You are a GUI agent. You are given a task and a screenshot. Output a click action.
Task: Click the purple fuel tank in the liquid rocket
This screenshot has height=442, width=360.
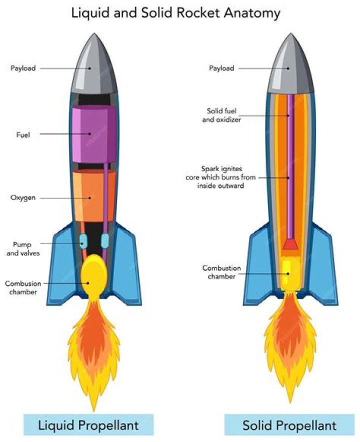[x=94, y=134]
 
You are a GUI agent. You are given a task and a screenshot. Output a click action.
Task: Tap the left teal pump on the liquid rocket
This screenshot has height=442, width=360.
[x=83, y=241]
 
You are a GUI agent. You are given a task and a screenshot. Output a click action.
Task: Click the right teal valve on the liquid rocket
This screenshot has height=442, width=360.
[x=105, y=241]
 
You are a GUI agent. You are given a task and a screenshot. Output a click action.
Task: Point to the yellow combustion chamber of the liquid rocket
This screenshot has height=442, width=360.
[x=93, y=276]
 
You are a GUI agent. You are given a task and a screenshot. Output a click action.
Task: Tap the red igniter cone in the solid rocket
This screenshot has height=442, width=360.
[x=290, y=244]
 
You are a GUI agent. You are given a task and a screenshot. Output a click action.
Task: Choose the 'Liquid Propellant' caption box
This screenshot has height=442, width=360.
[x=88, y=425]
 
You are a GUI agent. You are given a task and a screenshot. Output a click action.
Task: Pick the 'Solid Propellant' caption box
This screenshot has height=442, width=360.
[x=289, y=425]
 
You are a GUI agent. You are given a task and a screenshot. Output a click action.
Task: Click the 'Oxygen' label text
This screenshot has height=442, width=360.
[x=23, y=198]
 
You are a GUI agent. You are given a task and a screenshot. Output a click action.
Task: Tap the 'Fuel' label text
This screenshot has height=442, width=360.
[x=23, y=135]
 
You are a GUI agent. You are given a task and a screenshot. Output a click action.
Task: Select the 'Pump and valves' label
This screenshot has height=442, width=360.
[x=23, y=249]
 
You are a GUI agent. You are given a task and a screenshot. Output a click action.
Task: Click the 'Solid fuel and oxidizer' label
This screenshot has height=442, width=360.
[x=221, y=115]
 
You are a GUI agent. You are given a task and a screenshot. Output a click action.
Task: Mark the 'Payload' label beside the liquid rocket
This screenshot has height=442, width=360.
[x=23, y=68]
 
